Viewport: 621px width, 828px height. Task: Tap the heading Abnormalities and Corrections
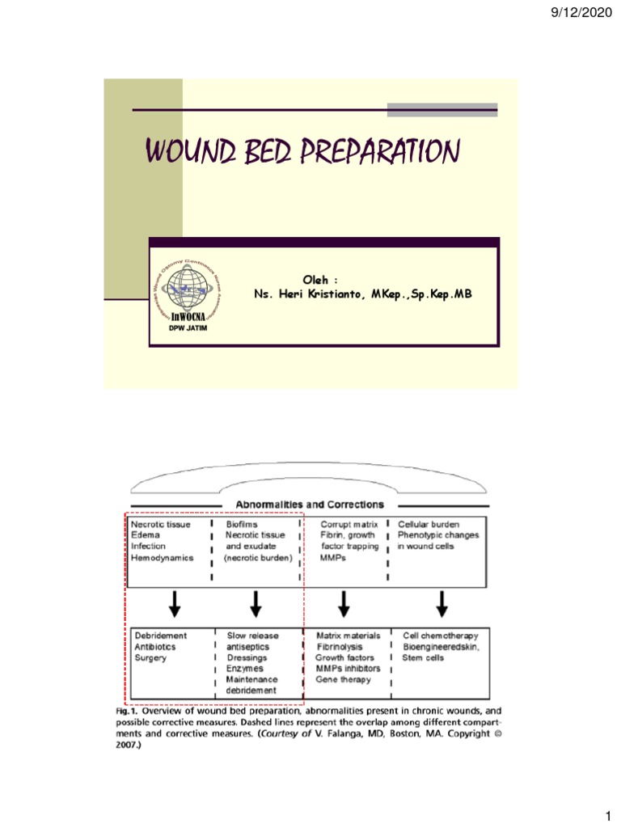[298, 505]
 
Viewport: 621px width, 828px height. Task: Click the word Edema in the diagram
[146, 534]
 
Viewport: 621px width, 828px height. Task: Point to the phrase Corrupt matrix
[349, 523]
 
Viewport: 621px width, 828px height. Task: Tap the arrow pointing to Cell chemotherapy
[442, 602]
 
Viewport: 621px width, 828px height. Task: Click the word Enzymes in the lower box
[245, 669]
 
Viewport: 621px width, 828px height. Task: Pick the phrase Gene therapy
[344, 680]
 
